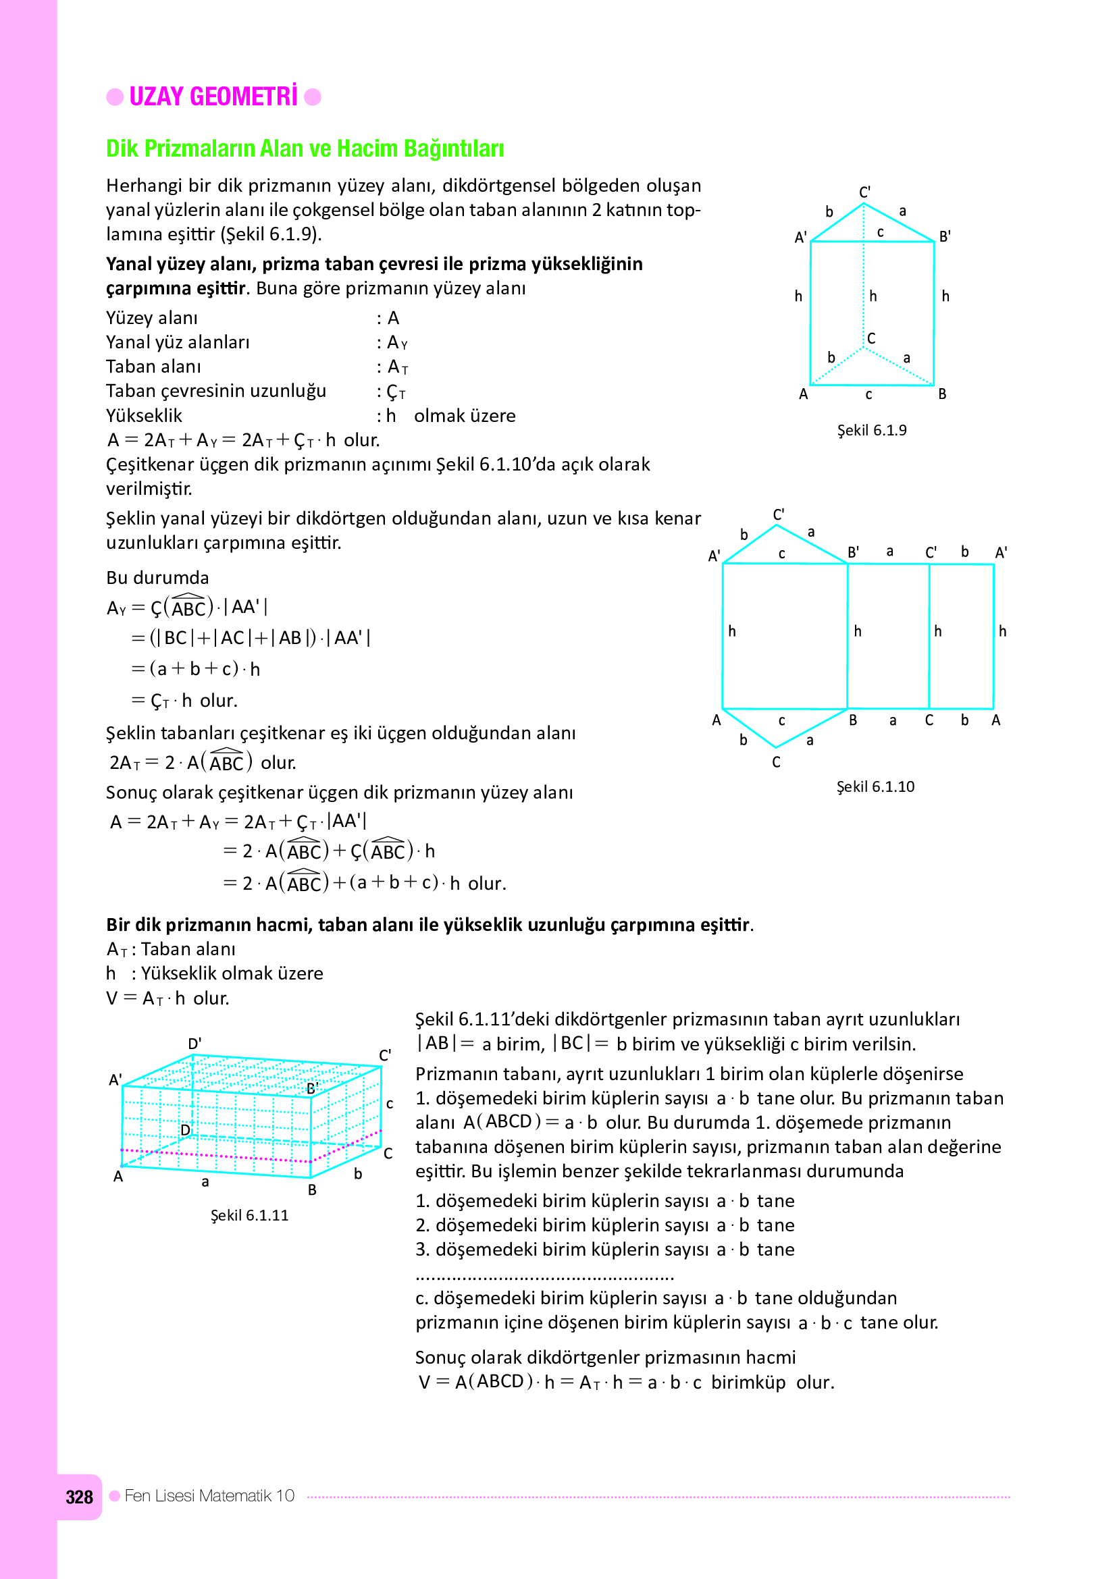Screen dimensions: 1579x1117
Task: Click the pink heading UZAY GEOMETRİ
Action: tap(213, 97)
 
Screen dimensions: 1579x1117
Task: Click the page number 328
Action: tap(79, 1497)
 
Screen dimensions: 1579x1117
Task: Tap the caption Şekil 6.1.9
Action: tap(871, 431)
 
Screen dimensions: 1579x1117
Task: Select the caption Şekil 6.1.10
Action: tap(875, 786)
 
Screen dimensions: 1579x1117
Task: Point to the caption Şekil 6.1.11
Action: tap(249, 1215)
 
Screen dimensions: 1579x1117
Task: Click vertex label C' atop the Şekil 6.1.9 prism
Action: tap(864, 192)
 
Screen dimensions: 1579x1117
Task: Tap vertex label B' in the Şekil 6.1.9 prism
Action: tap(945, 236)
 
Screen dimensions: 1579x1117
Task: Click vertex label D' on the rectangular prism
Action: tap(194, 1043)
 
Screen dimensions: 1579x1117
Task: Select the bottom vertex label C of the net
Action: tap(776, 762)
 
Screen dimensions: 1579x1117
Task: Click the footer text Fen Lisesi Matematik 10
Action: tap(209, 1496)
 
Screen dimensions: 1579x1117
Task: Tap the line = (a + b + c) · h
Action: tap(196, 669)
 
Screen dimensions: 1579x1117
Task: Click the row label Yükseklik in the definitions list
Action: tap(144, 416)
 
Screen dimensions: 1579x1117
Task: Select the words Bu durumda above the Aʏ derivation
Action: tap(157, 578)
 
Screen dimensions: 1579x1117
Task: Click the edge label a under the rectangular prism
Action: tap(205, 1182)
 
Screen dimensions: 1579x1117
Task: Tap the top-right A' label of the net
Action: tap(1001, 552)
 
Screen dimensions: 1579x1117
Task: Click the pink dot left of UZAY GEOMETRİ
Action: tap(115, 97)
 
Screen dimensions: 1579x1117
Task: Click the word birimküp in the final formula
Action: tap(748, 1383)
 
